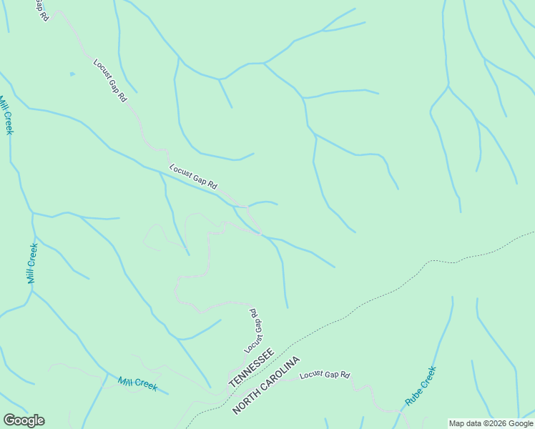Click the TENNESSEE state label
click(251, 369)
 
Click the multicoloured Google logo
click(24, 420)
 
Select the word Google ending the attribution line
click(521, 423)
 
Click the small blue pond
click(72, 74)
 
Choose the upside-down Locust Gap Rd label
click(254, 331)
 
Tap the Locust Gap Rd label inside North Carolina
click(325, 375)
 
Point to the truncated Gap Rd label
click(41, 10)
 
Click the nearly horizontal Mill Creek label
click(137, 384)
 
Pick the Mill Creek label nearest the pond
click(6, 114)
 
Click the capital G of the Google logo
click(9, 420)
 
